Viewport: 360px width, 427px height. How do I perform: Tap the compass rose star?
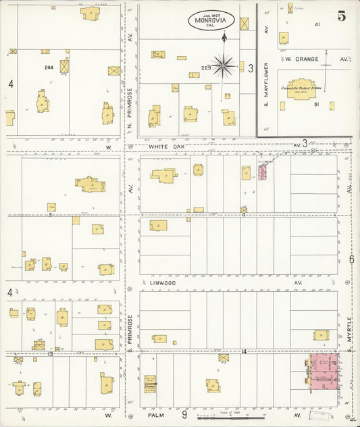click(x=223, y=65)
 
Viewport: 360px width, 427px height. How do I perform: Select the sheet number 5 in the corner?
click(x=342, y=16)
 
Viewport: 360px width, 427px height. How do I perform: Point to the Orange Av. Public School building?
click(x=304, y=89)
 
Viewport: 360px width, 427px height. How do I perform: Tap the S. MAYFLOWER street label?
click(x=267, y=85)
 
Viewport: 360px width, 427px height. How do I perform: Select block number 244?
click(x=48, y=67)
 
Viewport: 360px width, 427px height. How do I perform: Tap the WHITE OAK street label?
click(x=167, y=145)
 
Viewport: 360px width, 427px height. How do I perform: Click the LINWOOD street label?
click(x=162, y=283)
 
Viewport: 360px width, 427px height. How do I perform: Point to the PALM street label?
click(x=157, y=416)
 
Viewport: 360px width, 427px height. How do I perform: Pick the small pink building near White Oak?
click(x=262, y=172)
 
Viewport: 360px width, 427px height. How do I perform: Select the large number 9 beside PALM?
click(x=184, y=415)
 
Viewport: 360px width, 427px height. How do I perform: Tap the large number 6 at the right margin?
click(x=352, y=259)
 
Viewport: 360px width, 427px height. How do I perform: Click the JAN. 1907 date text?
click(x=211, y=14)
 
